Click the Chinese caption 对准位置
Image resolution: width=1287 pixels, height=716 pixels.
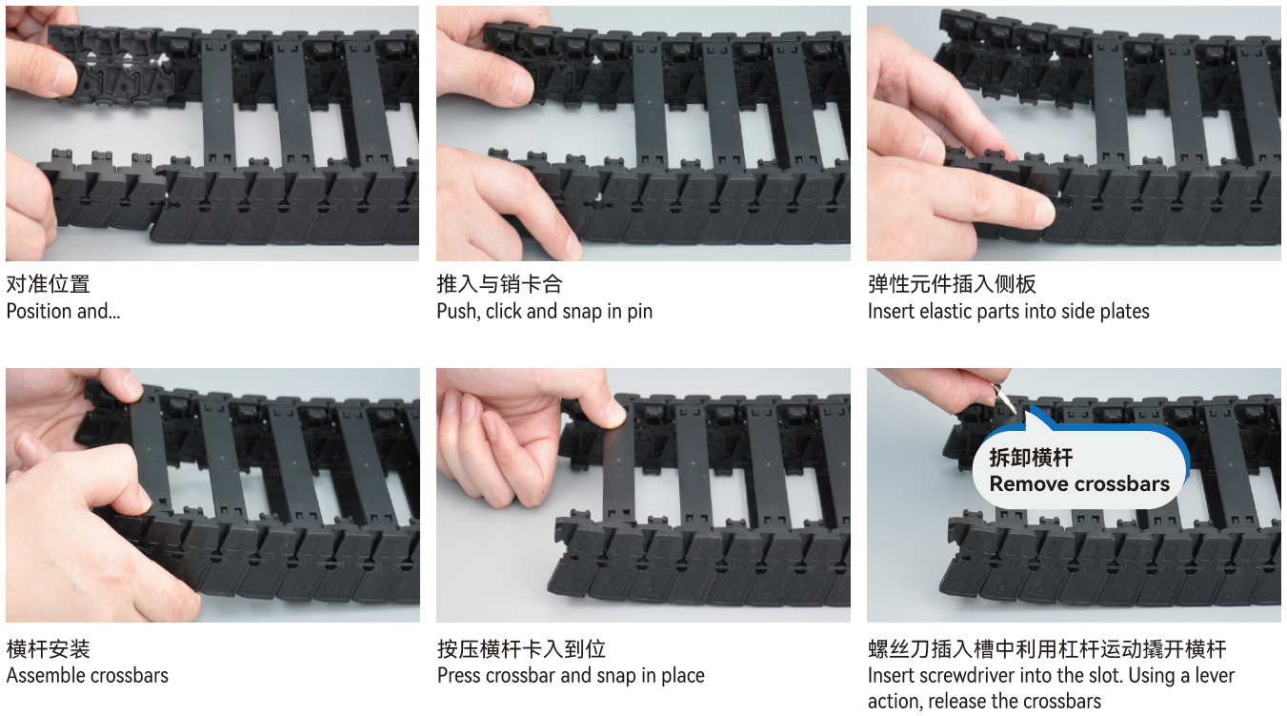(49, 284)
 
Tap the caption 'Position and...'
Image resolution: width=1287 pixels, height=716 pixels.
(63, 311)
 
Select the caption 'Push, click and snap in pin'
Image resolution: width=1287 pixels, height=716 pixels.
(545, 311)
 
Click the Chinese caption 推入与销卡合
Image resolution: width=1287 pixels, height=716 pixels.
(499, 284)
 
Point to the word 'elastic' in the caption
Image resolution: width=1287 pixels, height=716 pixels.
(945, 311)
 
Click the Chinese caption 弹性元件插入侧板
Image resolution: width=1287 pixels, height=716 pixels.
(952, 284)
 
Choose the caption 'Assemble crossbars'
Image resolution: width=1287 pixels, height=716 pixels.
(88, 675)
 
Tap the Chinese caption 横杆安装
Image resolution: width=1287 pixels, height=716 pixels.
(49, 648)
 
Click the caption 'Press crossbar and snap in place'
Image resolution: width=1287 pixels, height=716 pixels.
(571, 675)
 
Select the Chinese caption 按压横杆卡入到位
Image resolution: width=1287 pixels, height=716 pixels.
(521, 648)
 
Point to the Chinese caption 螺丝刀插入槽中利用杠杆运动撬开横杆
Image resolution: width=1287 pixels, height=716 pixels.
(1047, 648)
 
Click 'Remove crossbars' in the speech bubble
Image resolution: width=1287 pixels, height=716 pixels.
(1079, 483)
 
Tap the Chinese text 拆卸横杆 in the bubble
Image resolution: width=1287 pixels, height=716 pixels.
(1031, 458)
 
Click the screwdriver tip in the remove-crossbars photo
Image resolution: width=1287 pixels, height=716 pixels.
(1015, 413)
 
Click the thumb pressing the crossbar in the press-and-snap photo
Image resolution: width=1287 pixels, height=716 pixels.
(613, 413)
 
